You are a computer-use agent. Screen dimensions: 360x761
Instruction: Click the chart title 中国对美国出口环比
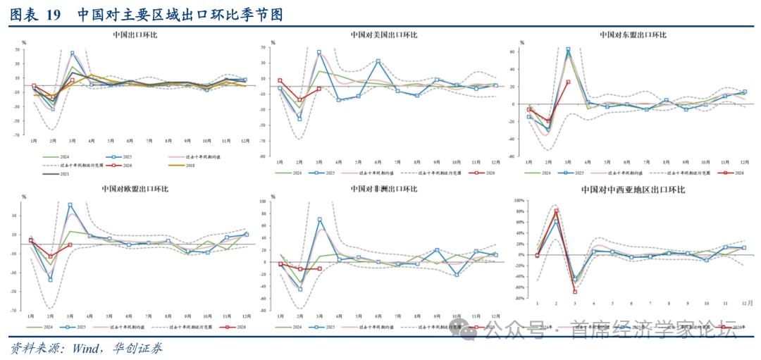pos(384,35)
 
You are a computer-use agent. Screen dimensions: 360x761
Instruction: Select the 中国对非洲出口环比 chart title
pos(384,190)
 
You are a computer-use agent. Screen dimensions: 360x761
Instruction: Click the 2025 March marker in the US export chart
pos(318,52)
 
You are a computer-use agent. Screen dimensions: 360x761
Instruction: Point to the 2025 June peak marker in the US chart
pos(378,61)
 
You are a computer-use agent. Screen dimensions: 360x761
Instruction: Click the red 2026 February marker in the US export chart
pos(299,99)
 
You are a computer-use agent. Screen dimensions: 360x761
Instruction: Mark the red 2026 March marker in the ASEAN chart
pos(568,82)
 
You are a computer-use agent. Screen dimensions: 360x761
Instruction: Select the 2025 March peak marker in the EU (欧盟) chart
pos(70,205)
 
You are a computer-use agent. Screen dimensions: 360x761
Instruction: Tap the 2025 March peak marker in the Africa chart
pos(319,220)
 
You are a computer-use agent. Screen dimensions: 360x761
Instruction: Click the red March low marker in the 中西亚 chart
pos(575,291)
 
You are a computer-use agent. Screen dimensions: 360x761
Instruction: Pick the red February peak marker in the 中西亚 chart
pos(556,211)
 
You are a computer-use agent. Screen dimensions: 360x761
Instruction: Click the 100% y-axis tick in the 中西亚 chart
pos(520,201)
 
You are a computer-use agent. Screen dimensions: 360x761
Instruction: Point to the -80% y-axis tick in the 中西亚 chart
pos(520,298)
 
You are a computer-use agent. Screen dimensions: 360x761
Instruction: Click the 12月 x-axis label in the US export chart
pos(495,161)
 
